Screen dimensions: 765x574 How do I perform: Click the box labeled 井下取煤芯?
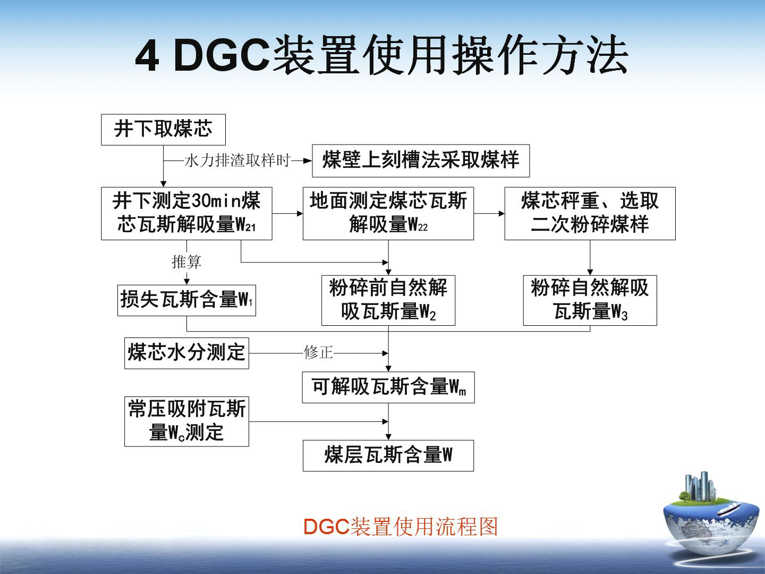163,130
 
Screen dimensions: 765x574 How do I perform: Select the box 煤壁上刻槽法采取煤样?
421,161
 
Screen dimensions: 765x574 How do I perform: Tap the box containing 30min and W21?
186,213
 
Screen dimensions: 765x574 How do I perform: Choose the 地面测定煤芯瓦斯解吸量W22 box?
388,213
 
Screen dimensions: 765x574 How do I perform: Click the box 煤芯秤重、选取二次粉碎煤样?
590,213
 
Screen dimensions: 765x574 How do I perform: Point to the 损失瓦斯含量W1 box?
186,300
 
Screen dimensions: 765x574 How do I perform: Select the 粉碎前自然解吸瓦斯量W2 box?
388,300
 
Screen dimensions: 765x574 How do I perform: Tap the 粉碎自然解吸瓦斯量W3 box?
590,300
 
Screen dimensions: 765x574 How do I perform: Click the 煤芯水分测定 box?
186,353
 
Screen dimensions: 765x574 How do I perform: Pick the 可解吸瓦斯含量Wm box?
388,387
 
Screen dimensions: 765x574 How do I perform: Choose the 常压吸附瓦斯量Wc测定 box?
186,421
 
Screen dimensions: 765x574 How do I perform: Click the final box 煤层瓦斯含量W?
388,455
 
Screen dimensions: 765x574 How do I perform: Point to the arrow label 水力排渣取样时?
237,161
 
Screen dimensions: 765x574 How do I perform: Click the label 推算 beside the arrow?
186,261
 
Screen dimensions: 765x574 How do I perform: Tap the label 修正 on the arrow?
318,353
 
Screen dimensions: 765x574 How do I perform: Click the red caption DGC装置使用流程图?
401,526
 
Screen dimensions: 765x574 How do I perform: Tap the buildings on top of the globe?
698,487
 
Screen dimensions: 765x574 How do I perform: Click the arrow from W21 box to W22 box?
287,213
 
